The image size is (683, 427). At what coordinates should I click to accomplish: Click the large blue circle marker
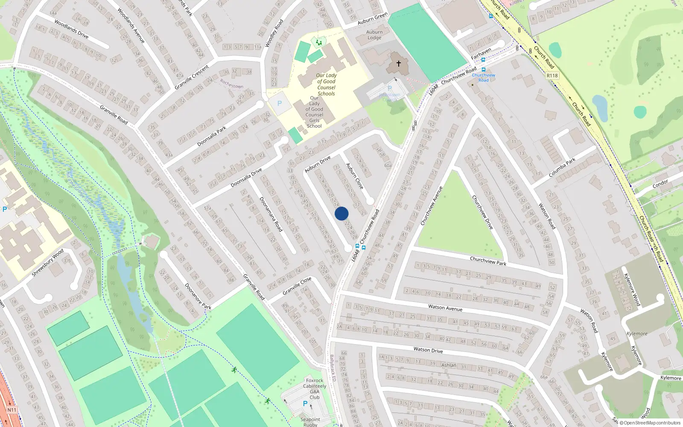(x=341, y=213)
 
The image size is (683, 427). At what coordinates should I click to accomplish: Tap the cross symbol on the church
(x=399, y=64)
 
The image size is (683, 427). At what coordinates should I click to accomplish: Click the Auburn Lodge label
(x=374, y=35)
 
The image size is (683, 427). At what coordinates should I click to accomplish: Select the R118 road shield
(x=552, y=76)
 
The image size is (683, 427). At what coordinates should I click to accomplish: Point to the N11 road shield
(x=12, y=410)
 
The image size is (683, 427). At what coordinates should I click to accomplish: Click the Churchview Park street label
(x=488, y=260)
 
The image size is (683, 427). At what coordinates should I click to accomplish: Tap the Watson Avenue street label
(x=445, y=307)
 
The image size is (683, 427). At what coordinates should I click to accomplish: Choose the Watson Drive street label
(x=428, y=350)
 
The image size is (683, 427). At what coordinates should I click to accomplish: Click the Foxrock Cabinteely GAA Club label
(x=315, y=389)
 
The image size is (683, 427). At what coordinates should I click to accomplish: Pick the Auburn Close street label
(x=354, y=176)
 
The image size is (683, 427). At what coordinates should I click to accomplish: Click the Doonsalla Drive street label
(x=246, y=178)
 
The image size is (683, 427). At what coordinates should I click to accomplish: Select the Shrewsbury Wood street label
(x=47, y=262)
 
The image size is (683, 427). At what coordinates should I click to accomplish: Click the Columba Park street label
(x=562, y=167)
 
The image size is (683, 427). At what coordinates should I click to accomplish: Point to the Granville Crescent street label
(x=192, y=77)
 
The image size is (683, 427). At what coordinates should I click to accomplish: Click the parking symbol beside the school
(x=280, y=103)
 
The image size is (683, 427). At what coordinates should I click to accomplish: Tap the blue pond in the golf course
(x=600, y=107)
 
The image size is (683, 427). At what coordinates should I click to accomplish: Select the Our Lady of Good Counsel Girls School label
(x=314, y=112)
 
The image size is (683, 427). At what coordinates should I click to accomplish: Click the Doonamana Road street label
(x=271, y=214)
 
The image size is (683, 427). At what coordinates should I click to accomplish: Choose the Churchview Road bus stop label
(x=483, y=77)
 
